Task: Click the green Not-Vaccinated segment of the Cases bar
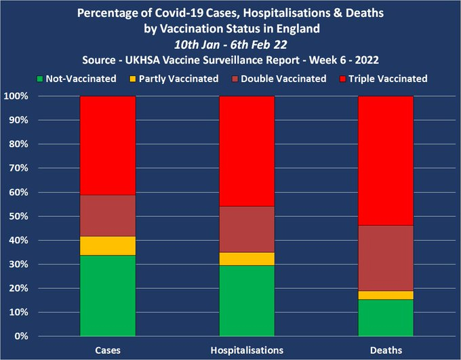click(108, 296)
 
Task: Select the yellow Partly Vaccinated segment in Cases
click(108, 245)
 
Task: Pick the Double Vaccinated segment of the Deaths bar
click(385, 258)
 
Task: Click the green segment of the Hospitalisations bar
click(246, 300)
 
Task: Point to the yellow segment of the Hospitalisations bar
click(246, 258)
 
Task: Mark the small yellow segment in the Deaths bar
click(385, 295)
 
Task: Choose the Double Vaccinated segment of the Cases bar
click(108, 216)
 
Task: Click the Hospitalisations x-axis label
click(246, 349)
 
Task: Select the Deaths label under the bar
click(385, 349)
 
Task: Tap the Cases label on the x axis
click(108, 349)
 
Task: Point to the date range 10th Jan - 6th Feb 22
click(229, 45)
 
